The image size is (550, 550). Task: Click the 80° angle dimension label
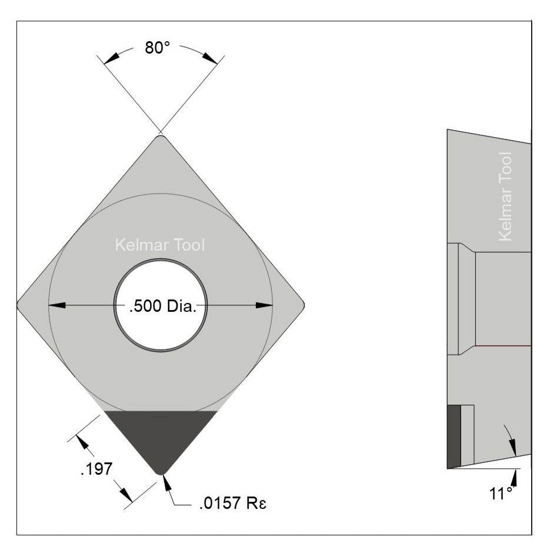(x=158, y=48)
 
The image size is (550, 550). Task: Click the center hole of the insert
(x=160, y=306)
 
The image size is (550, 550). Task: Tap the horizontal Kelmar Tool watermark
(x=160, y=245)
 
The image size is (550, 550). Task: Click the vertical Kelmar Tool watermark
(x=505, y=196)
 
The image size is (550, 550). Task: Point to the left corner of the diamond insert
(x=19, y=305)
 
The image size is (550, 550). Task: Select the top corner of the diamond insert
(x=160, y=138)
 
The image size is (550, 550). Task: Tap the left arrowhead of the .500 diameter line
(x=56, y=305)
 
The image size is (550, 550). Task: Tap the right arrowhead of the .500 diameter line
(x=265, y=305)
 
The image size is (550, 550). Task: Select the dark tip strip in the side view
(x=453, y=436)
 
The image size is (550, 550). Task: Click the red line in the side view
(x=504, y=346)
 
